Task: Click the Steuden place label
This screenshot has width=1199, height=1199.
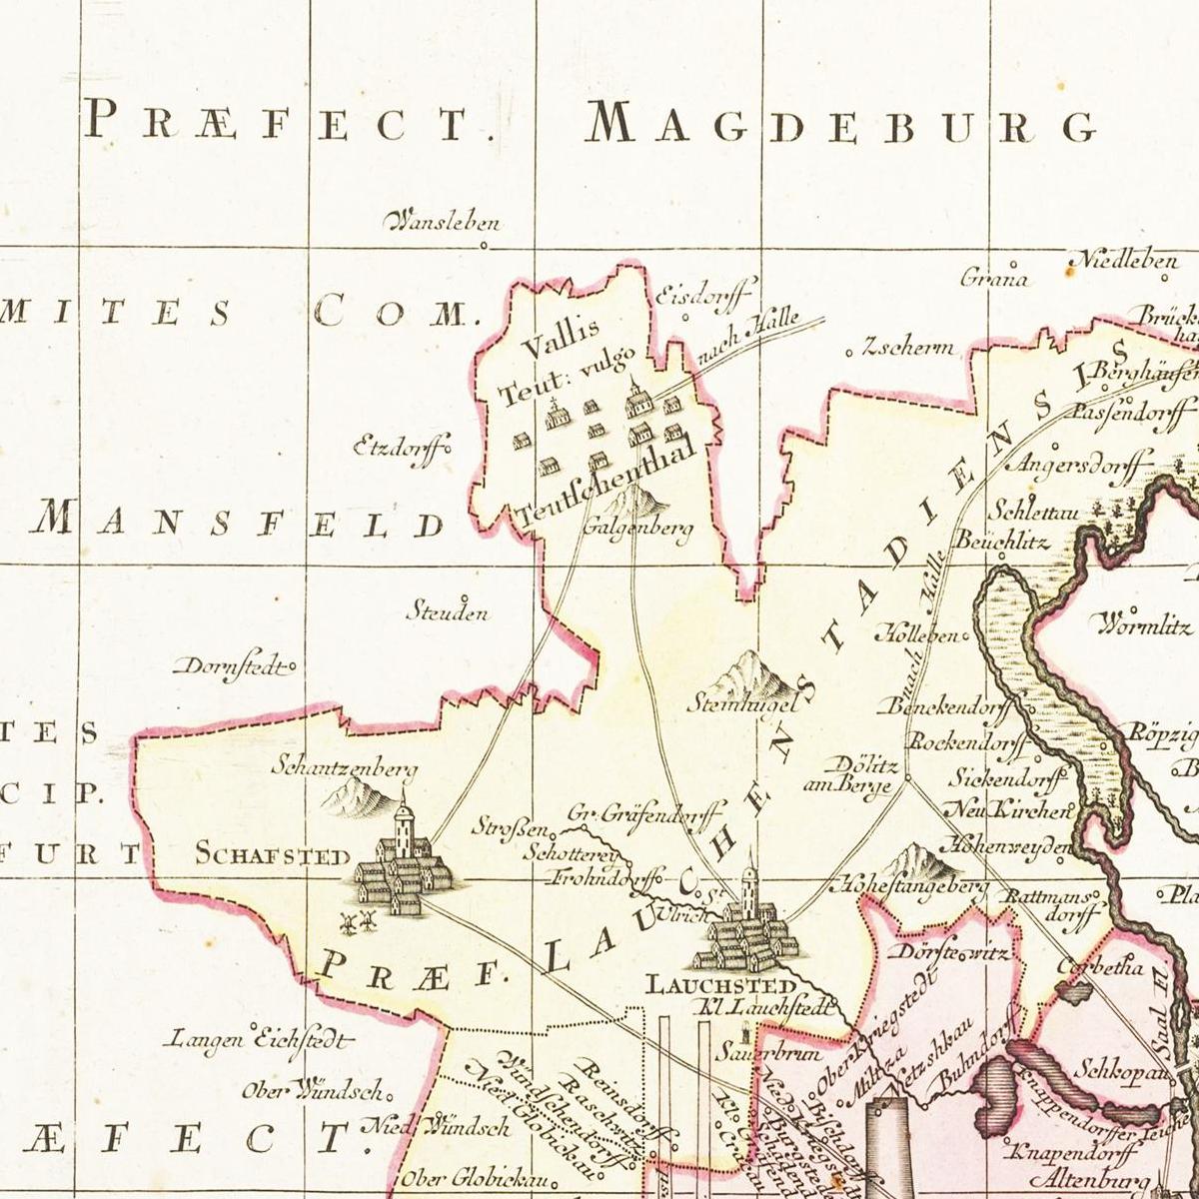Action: click(x=447, y=611)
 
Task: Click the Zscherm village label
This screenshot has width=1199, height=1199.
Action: click(x=906, y=349)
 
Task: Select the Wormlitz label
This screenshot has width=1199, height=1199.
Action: click(x=1145, y=626)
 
